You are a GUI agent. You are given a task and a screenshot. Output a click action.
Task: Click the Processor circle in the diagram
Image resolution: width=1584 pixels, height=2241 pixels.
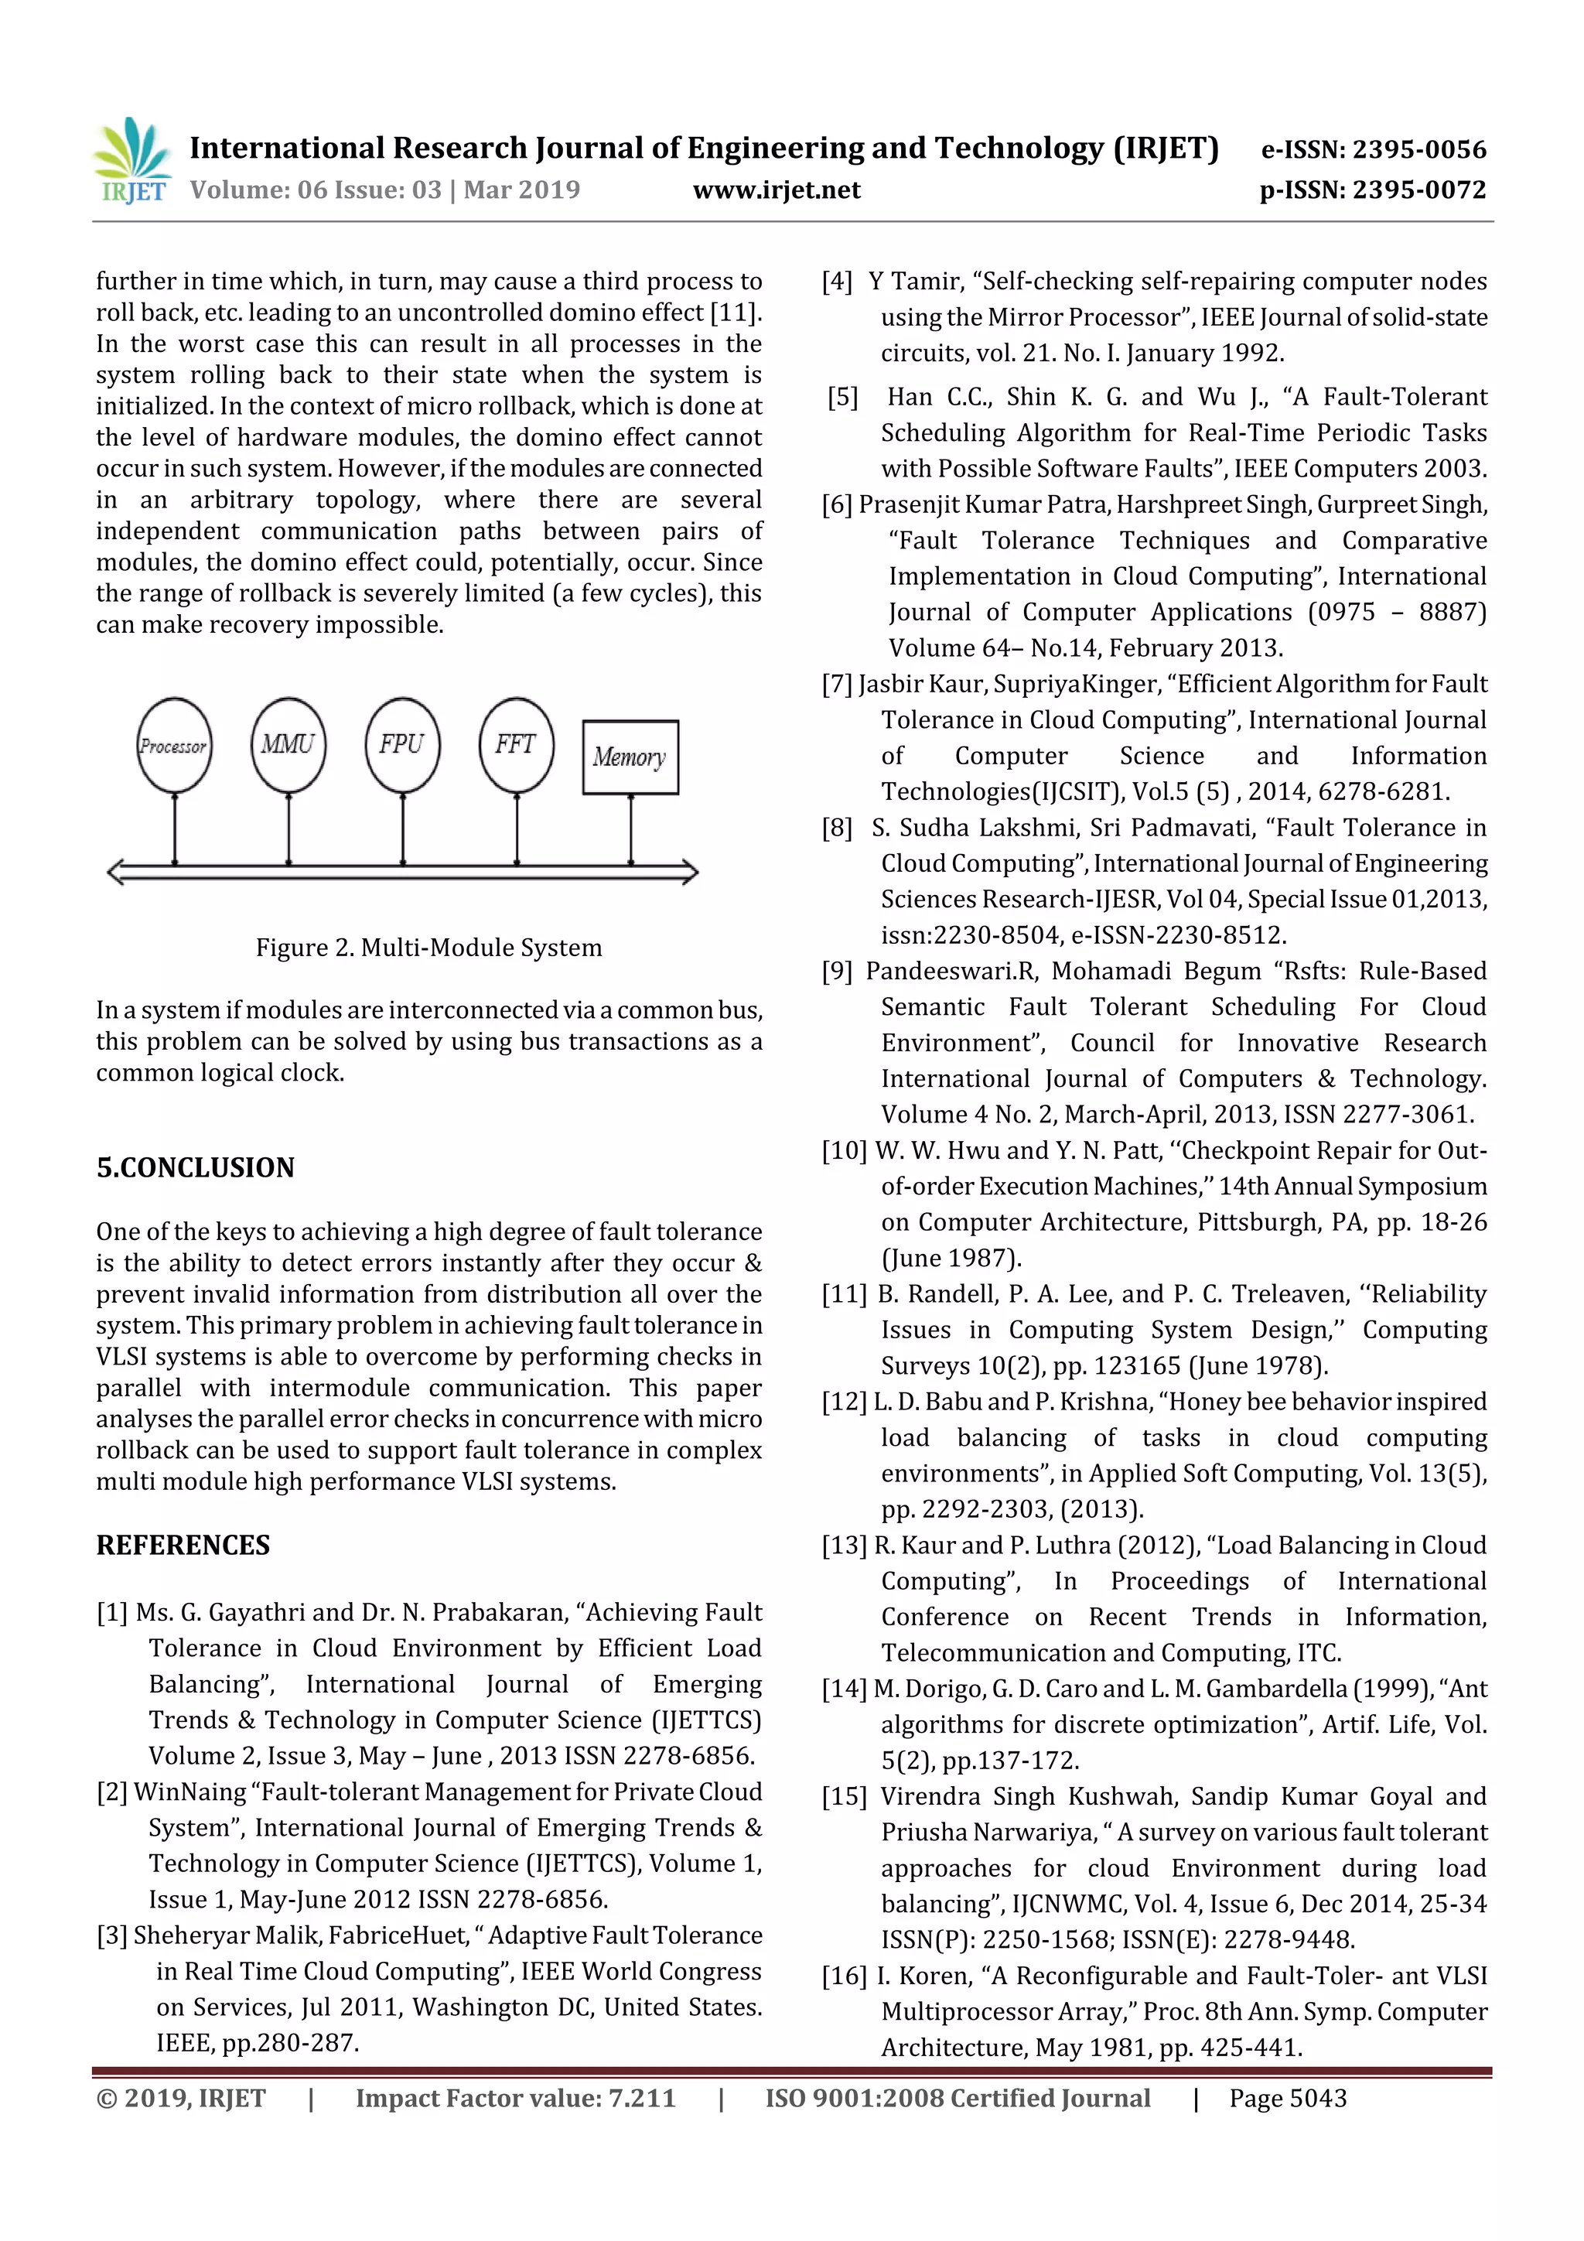click(174, 745)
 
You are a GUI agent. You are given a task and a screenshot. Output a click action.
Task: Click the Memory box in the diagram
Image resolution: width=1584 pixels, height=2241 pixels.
click(630, 757)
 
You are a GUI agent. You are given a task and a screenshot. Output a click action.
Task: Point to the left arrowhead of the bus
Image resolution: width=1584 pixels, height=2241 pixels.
click(115, 872)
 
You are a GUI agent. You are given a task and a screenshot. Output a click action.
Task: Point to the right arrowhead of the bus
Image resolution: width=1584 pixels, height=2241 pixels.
click(690, 872)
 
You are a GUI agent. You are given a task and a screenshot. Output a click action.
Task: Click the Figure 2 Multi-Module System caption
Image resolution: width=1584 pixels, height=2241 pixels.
click(428, 948)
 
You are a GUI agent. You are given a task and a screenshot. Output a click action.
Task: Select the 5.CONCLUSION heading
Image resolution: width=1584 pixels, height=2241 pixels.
click(195, 1167)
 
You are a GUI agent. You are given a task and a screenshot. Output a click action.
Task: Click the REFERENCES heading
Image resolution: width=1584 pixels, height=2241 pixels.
click(183, 1545)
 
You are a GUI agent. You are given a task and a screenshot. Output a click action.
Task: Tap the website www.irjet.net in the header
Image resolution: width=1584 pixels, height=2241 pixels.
click(776, 190)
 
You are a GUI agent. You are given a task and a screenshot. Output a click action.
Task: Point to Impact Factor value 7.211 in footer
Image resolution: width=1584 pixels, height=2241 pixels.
click(514, 2098)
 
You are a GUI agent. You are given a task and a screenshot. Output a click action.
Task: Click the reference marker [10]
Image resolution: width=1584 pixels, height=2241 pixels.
click(845, 1151)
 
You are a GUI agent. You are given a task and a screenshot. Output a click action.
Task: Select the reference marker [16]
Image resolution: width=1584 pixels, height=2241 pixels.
click(845, 1976)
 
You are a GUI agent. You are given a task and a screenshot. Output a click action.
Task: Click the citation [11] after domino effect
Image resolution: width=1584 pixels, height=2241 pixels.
click(735, 313)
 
